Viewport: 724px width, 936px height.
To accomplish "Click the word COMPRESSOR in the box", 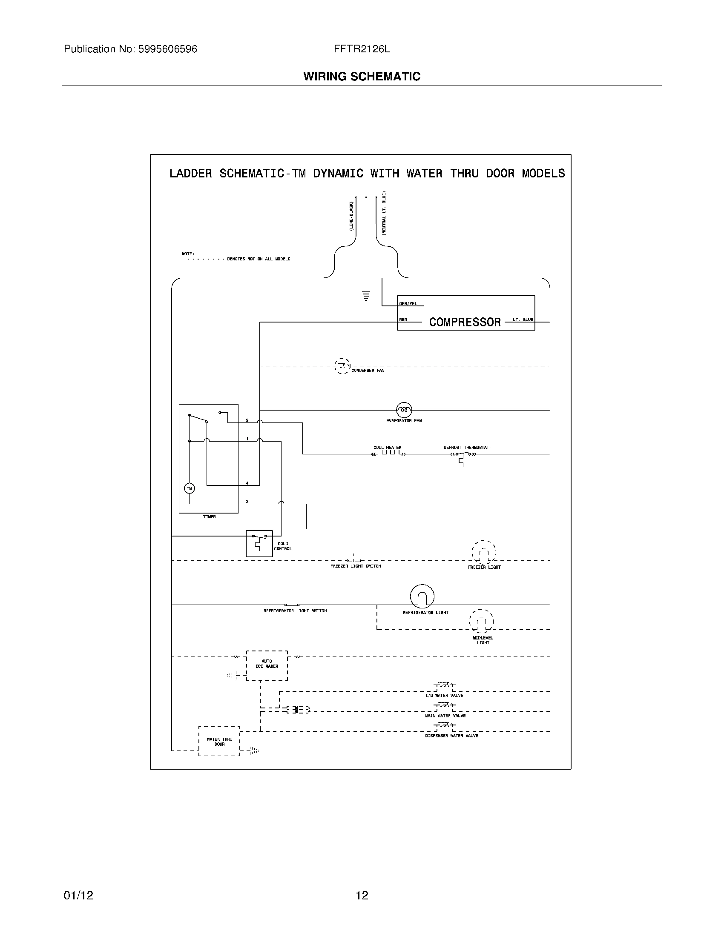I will [x=465, y=322].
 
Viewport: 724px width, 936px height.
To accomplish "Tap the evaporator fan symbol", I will [x=404, y=410].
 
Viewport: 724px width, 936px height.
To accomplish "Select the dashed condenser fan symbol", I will [x=342, y=366].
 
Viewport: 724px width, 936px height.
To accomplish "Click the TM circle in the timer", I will [x=189, y=488].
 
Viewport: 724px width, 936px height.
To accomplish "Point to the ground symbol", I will [x=366, y=296].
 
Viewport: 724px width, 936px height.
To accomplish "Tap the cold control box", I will [x=259, y=543].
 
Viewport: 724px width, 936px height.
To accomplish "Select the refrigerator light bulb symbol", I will [x=422, y=596].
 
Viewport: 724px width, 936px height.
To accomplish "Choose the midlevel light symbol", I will [x=481, y=621].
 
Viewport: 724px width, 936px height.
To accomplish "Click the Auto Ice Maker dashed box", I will [x=267, y=665].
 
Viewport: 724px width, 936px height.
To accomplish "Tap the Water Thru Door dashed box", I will [x=219, y=741].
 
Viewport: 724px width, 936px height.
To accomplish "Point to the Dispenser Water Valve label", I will [x=451, y=736].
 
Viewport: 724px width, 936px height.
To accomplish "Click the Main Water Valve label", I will [x=445, y=716].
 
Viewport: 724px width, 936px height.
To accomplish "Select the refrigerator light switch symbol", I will [x=293, y=603].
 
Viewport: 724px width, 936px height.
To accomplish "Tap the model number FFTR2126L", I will [x=362, y=49].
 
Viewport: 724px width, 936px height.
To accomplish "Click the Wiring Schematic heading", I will [x=362, y=77].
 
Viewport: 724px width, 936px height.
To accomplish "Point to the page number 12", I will [x=362, y=895].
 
